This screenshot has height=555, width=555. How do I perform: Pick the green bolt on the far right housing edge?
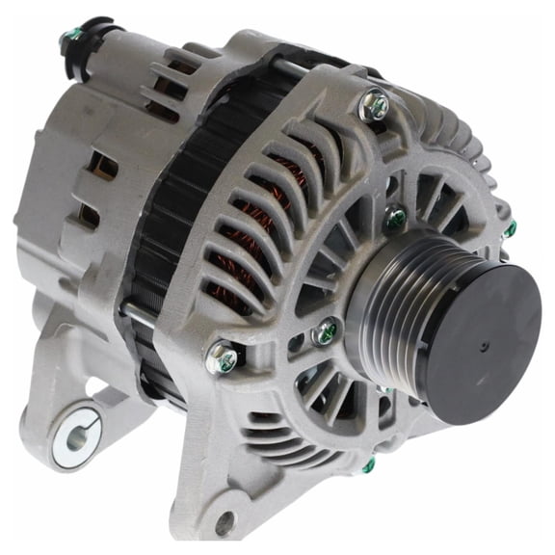click(x=510, y=228)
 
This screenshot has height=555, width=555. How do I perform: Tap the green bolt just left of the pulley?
click(x=327, y=333)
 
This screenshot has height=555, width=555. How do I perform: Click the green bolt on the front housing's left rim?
click(x=223, y=358)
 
